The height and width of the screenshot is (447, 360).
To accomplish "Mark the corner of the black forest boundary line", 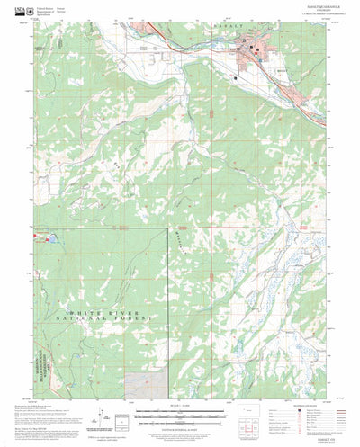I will tap(167, 228).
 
